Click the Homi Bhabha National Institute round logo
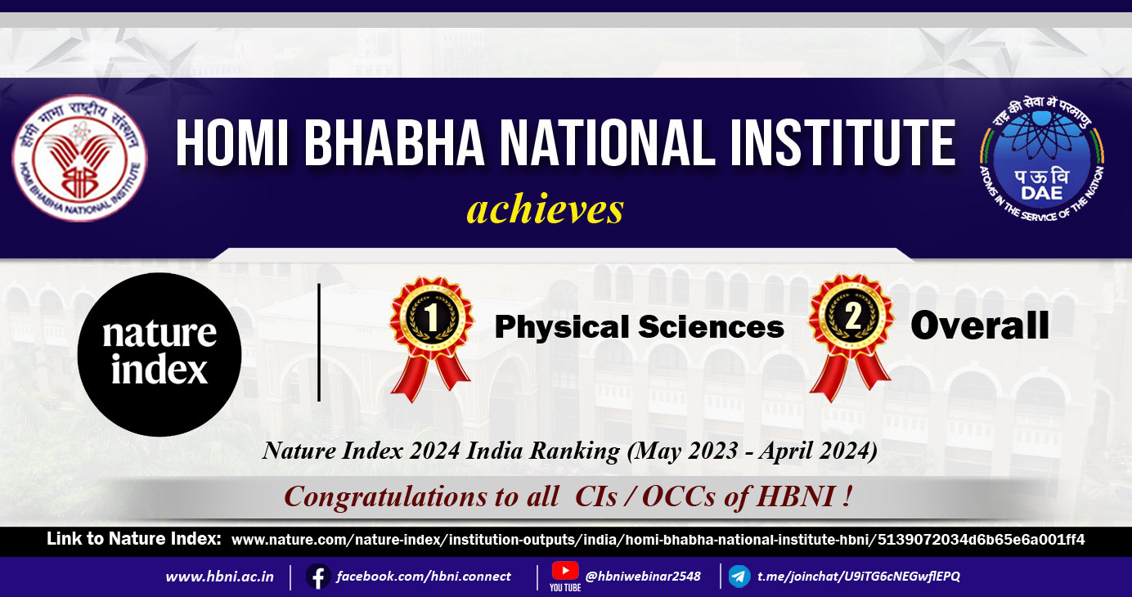(x=80, y=159)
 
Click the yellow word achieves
(x=545, y=209)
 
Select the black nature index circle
(x=159, y=355)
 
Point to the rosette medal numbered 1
(x=431, y=339)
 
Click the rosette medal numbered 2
(x=851, y=338)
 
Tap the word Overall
(x=980, y=325)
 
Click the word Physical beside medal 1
(x=562, y=328)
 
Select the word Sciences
(x=711, y=327)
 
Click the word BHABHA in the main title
(x=394, y=143)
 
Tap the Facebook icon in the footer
(x=318, y=577)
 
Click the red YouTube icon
(x=565, y=572)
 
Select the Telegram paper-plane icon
(x=739, y=577)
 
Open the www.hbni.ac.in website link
(x=220, y=577)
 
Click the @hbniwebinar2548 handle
(x=643, y=577)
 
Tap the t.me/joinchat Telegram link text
(x=859, y=577)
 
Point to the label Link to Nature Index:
(x=134, y=539)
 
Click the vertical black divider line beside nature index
(x=319, y=343)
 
